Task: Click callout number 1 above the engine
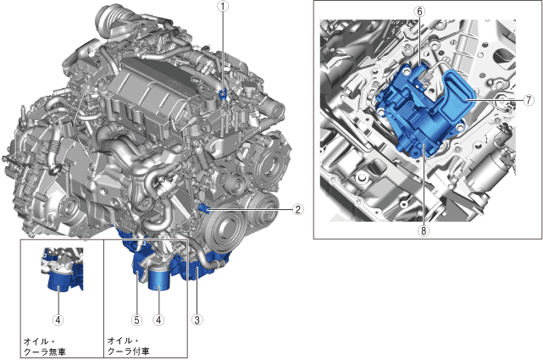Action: click(x=223, y=6)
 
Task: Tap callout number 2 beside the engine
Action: click(x=298, y=209)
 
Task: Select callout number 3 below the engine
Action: click(x=197, y=319)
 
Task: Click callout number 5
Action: click(x=136, y=319)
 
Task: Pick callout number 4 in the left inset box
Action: click(x=58, y=319)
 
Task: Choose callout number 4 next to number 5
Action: click(x=158, y=319)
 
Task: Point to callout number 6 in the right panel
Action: click(x=419, y=11)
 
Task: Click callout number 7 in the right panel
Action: click(x=529, y=100)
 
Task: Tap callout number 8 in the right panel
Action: click(x=424, y=230)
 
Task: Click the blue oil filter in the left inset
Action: click(x=58, y=280)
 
